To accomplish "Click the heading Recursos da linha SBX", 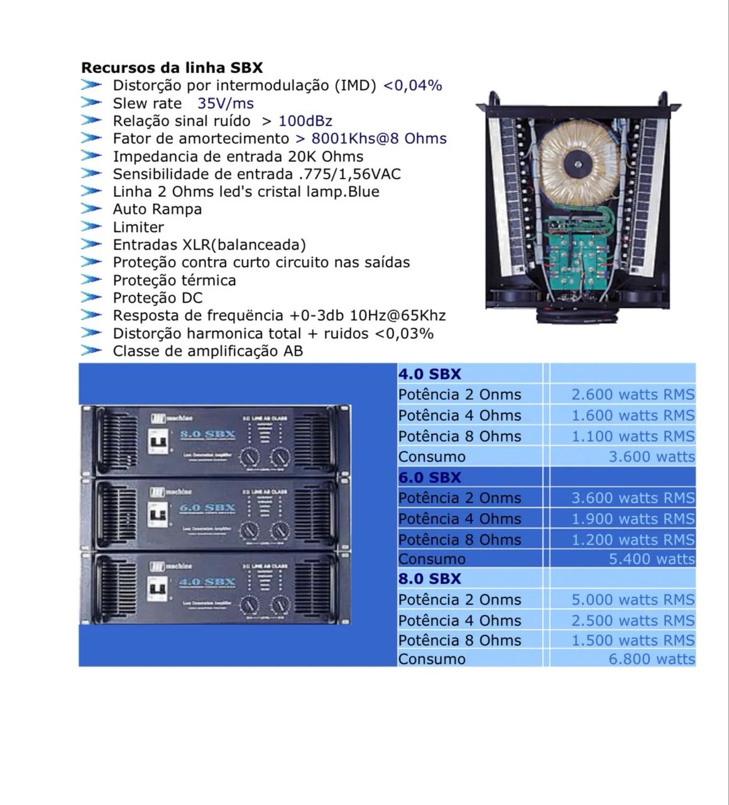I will (172, 67).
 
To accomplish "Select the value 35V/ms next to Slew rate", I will (226, 103).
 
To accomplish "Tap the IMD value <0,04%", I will (412, 86).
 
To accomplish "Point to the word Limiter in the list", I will (138, 227).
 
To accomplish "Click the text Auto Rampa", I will (157, 209).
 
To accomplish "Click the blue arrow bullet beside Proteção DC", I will (91, 297).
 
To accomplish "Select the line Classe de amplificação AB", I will (207, 351).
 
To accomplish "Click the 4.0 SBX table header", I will (430, 374).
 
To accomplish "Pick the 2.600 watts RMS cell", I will (632, 394).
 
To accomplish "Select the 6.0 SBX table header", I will (430, 477).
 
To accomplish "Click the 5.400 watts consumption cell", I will (651, 558).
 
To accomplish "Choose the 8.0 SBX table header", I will (430, 579).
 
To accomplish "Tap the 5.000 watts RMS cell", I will (632, 599).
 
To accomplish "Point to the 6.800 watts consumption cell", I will (651, 658).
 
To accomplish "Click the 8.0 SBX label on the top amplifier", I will (208, 434).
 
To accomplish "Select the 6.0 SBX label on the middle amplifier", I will (208, 508).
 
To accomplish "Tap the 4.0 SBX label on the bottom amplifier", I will (208, 582).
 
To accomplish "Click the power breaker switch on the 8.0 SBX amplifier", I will (158, 441).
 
